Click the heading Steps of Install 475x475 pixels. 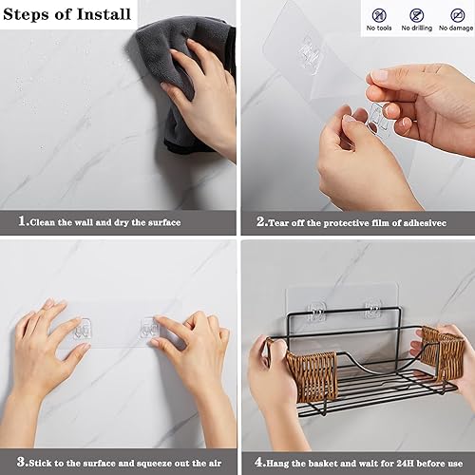coord(68,14)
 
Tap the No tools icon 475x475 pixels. coord(380,15)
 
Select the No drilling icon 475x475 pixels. coord(417,15)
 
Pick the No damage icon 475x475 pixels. coord(453,15)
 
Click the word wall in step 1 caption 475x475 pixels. coord(95,222)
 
